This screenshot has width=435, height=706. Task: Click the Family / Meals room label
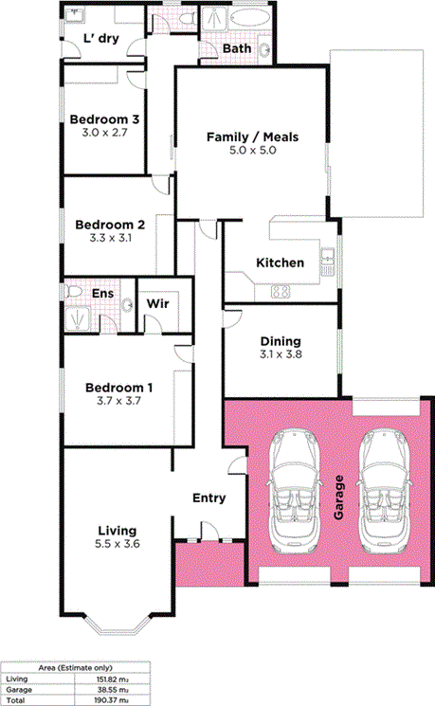pos(252,136)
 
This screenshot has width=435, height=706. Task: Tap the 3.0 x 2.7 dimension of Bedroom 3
pos(104,133)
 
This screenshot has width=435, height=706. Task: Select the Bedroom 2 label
pos(110,225)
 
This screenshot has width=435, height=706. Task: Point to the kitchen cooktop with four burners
pos(281,292)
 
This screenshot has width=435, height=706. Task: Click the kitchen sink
pos(327,256)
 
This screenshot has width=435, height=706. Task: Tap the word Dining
pos(281,341)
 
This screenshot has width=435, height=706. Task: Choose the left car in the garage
pos(294,491)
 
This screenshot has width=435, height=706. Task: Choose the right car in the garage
pos(385,491)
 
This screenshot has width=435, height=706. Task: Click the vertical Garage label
pos(339,498)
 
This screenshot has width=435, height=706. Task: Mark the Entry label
pos(208,498)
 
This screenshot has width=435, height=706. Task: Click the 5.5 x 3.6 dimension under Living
pos(118,544)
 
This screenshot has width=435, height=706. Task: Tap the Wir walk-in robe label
pos(157,303)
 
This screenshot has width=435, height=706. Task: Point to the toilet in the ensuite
pos(73,292)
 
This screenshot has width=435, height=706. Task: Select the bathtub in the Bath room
pos(249,19)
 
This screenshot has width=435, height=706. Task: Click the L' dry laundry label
pos(101,38)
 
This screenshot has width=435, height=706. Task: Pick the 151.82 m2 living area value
pos(111,679)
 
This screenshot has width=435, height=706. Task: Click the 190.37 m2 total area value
pos(111,700)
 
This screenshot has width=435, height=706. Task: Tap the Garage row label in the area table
pos(19,690)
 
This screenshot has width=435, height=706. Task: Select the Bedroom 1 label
pos(118,388)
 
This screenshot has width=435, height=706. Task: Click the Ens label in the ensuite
pos(102,294)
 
